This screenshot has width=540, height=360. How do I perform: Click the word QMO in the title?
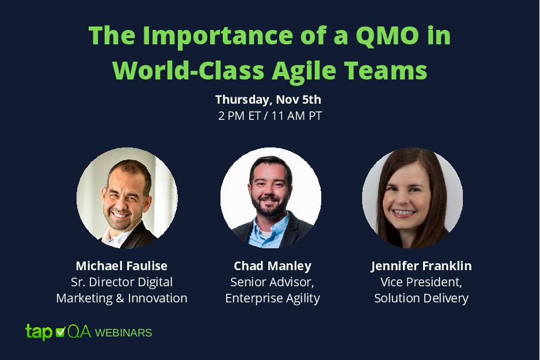coord(387,36)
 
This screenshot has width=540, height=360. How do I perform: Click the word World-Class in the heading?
coord(188,70)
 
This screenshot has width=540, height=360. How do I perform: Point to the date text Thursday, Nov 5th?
coord(268,100)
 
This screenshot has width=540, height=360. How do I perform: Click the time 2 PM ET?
coord(239,116)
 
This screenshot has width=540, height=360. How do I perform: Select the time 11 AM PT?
coord(296,116)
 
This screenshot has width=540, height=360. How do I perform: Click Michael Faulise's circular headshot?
coord(127,198)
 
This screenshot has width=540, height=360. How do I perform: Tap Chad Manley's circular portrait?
coord(271,198)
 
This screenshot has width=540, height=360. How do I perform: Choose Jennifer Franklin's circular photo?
coord(412,198)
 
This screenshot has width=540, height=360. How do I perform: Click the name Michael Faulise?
coord(121,266)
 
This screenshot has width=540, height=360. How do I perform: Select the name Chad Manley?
coord(272,266)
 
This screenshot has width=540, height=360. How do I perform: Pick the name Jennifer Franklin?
coord(421,266)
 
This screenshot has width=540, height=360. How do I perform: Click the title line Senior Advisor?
coord(272,282)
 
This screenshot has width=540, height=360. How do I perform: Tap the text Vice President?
coord(421,282)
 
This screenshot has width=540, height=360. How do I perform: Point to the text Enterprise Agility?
coord(272,298)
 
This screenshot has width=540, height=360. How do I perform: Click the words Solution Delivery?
coord(421,298)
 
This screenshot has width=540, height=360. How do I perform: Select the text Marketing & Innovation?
coord(121,298)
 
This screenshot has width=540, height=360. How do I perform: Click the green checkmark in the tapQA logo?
coord(60,331)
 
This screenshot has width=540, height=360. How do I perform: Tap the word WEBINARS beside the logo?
coord(123,333)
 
